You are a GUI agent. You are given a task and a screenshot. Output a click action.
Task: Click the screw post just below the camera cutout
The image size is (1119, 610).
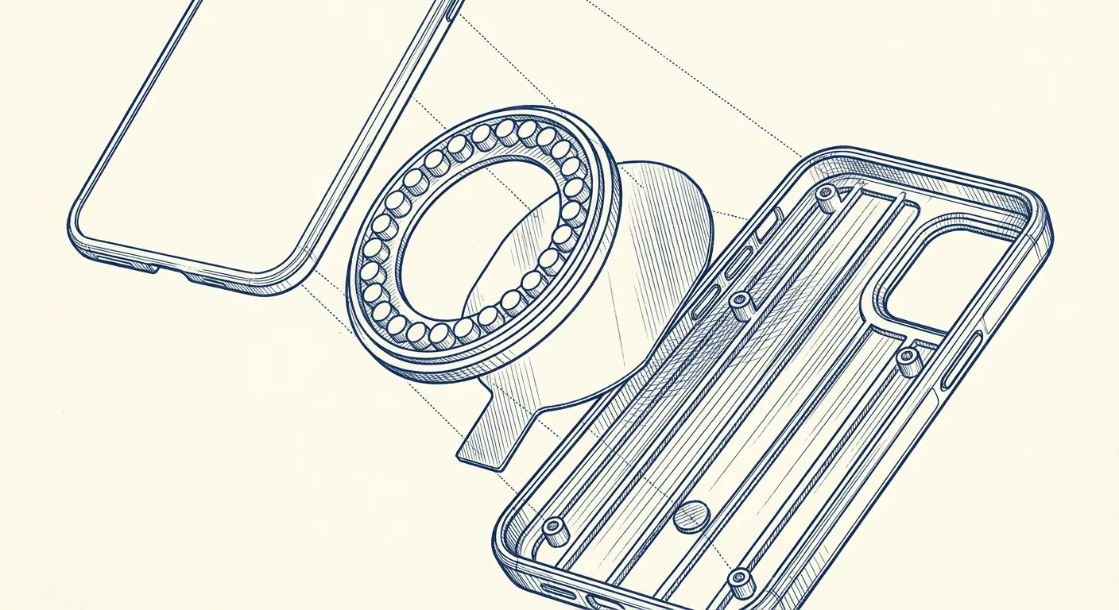(908, 361)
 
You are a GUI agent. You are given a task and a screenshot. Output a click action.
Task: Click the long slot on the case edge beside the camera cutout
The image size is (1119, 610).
(963, 361)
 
